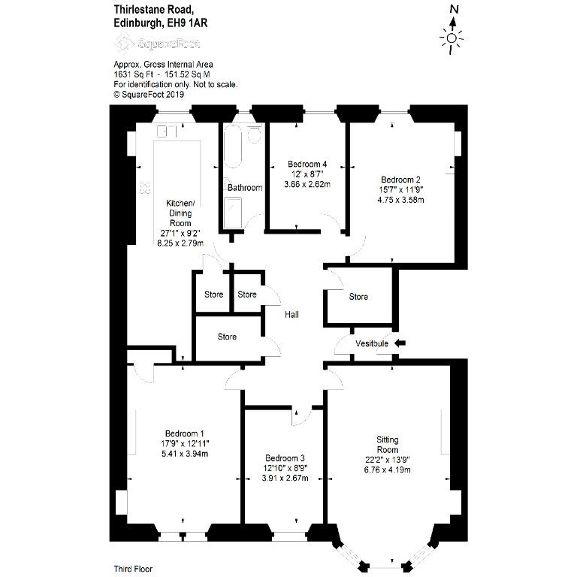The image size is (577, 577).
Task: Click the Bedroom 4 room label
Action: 307,164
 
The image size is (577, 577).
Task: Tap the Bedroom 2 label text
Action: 400,180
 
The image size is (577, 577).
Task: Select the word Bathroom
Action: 245,188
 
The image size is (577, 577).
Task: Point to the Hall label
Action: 292,315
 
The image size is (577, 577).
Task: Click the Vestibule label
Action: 372,343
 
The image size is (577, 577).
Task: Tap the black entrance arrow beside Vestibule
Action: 400,343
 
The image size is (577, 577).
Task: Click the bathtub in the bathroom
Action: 233,147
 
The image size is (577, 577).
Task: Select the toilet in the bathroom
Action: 254,134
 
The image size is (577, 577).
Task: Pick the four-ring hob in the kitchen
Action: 145,188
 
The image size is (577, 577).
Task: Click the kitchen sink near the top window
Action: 167,131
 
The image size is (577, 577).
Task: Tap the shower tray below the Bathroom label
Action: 233,213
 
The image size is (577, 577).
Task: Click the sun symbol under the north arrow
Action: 452,38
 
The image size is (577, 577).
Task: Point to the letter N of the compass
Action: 455,9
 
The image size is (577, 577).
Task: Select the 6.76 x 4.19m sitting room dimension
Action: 388,470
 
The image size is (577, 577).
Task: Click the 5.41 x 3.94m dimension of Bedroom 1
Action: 185,454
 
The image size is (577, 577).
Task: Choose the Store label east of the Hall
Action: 358,297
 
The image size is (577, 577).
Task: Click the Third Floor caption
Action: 133,569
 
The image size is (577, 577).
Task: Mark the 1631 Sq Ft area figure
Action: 133,74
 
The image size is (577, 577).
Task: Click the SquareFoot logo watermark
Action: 157,44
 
